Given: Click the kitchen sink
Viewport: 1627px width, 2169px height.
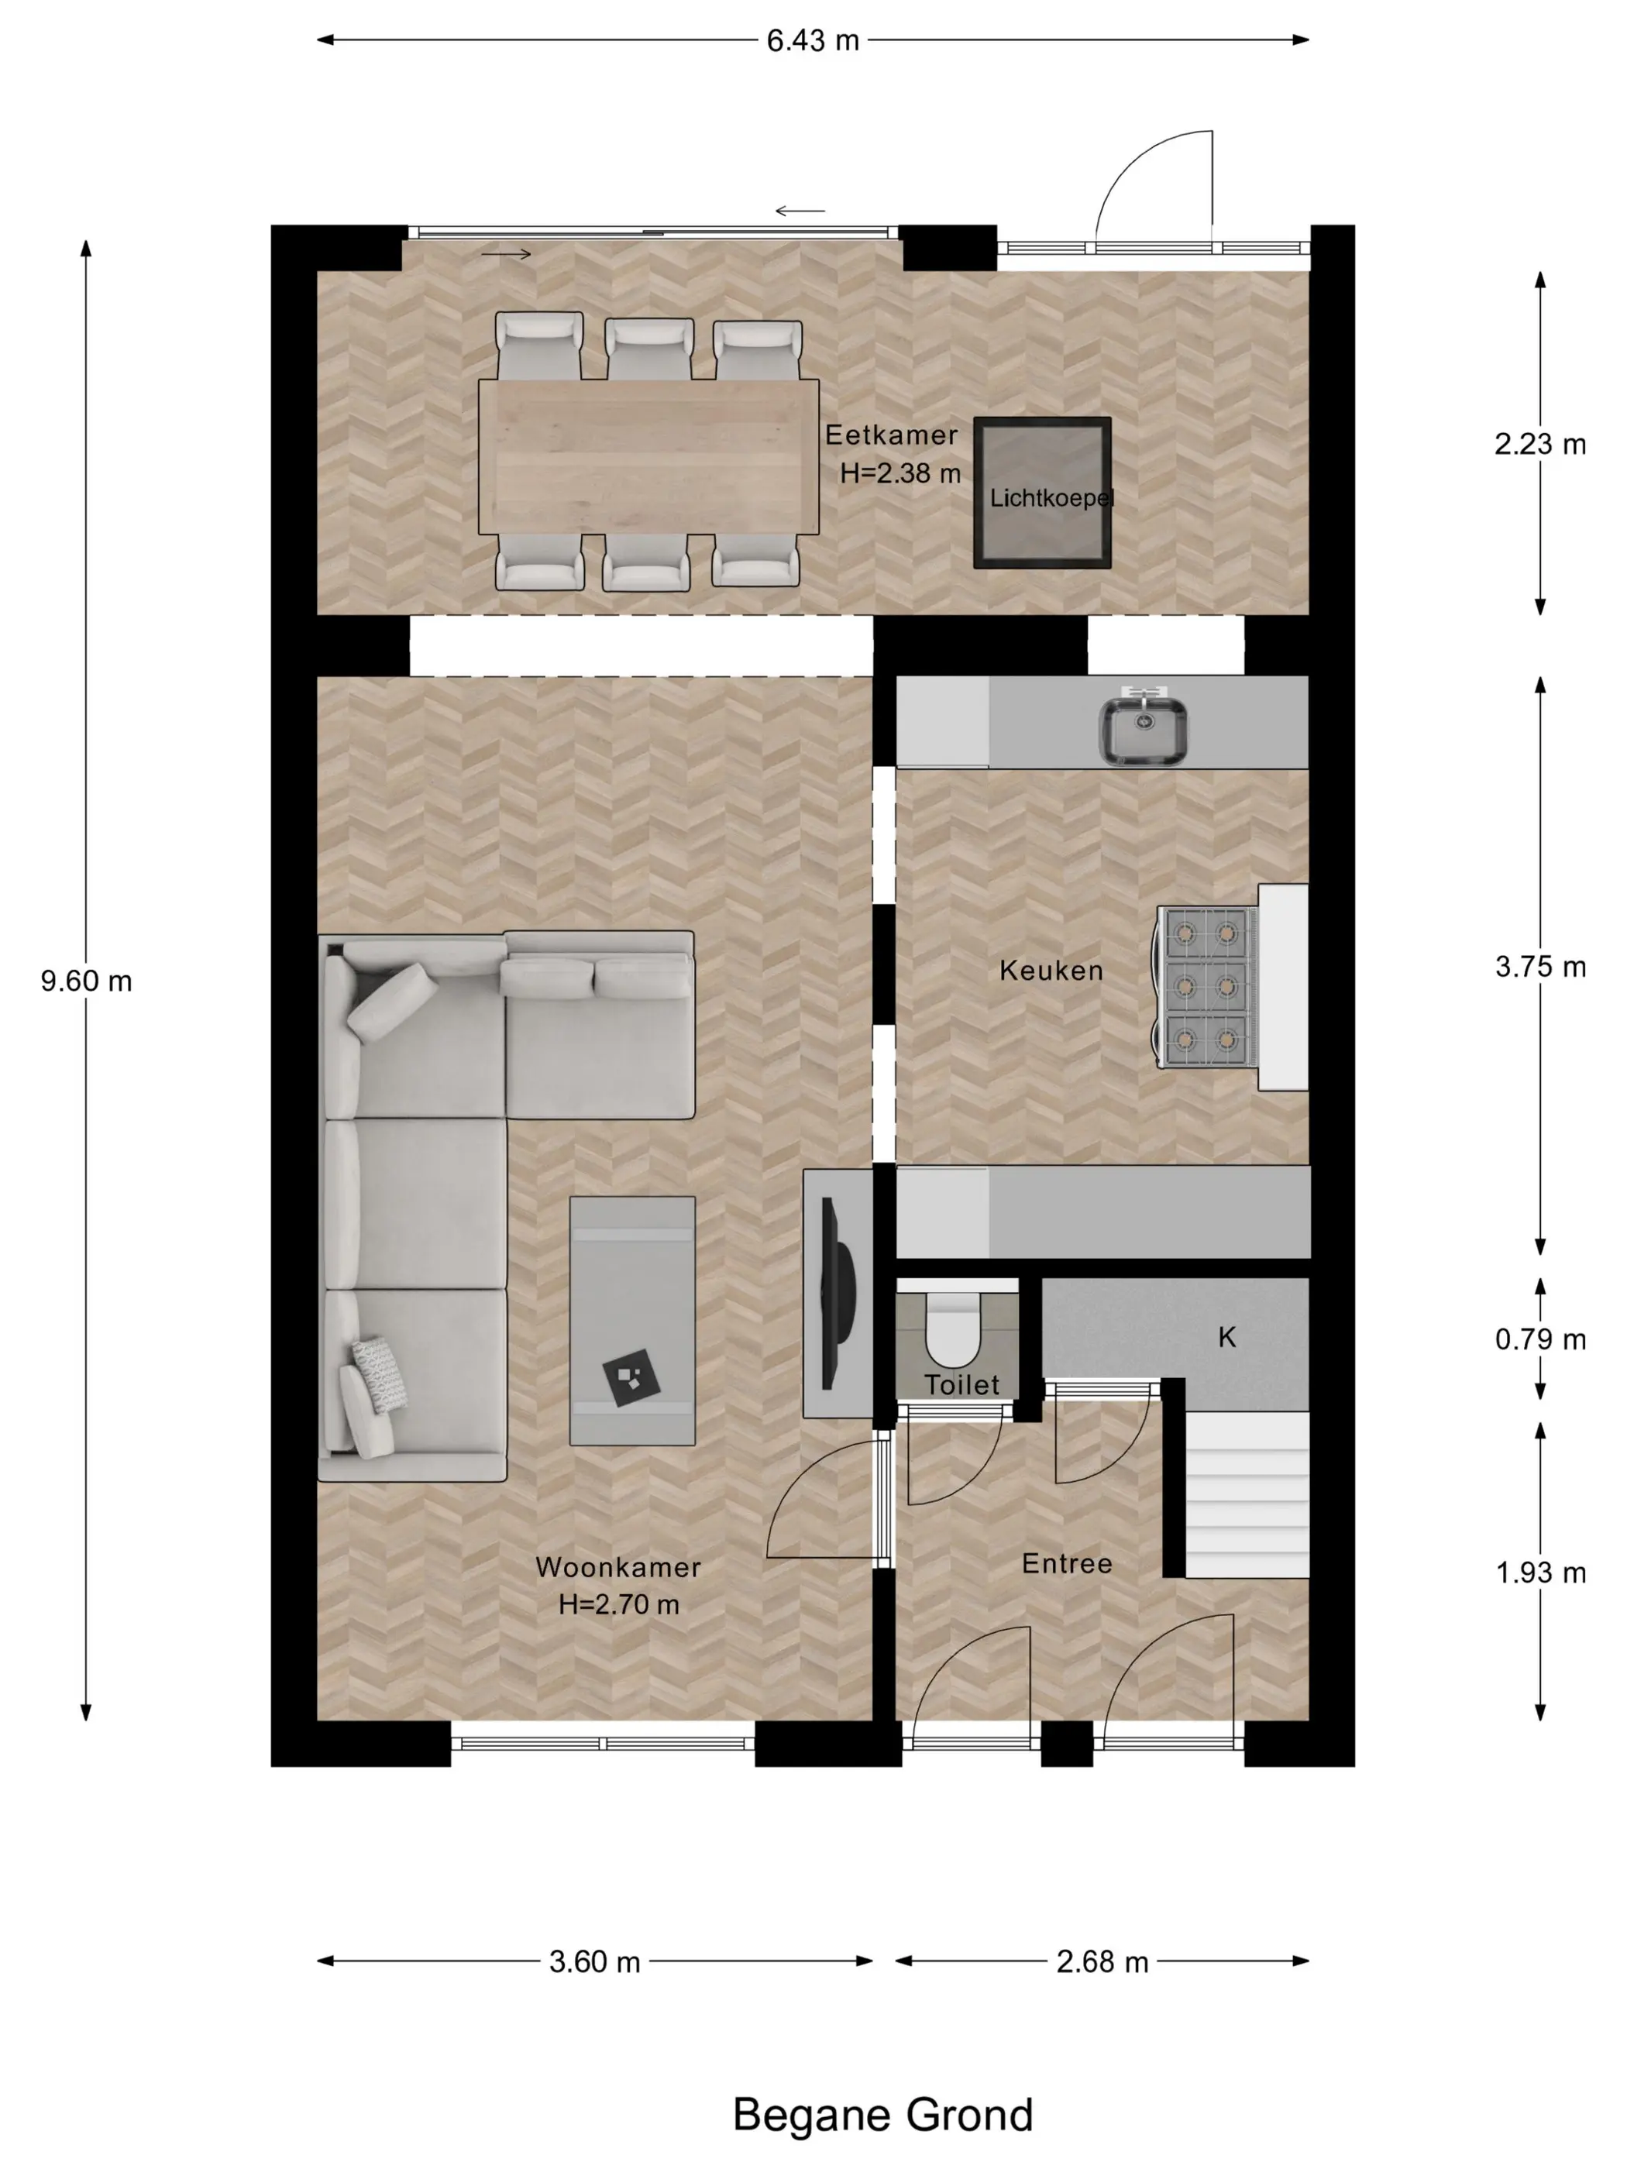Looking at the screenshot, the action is point(1143,726).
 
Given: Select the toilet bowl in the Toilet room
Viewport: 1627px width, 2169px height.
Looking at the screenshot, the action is point(952,1329).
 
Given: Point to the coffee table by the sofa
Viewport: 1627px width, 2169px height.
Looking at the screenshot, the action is point(632,1320).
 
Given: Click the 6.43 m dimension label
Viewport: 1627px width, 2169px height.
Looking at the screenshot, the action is point(812,40).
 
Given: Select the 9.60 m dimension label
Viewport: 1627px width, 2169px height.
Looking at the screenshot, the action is point(86,981).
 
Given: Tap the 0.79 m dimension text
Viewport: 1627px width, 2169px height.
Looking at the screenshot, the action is point(1539,1339).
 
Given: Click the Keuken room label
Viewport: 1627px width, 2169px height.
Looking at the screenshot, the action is point(1051,971).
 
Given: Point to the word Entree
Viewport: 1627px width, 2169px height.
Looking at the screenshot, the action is point(1067,1564).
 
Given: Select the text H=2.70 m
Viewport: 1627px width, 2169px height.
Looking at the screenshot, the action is point(619,1604).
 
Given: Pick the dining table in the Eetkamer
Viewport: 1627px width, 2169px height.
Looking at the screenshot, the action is point(648,457).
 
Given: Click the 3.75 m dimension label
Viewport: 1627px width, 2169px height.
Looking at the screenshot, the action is point(1539,967).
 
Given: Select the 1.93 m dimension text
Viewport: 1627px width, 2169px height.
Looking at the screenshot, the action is point(1539,1573).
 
